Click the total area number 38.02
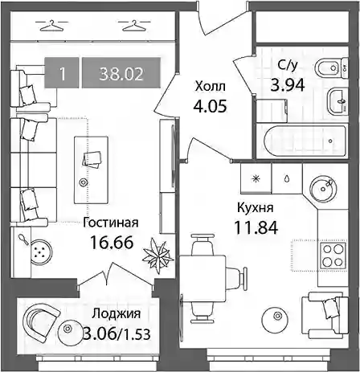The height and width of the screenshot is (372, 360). click(121, 74)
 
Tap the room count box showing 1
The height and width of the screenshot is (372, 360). click(62, 72)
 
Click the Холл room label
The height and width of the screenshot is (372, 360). click(211, 87)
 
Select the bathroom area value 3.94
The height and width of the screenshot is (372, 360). click(288, 86)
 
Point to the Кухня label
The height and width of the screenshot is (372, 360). click(255, 208)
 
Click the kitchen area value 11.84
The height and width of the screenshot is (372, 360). click(256, 228)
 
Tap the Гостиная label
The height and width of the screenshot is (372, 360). click(111, 223)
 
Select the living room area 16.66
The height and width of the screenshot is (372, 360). click(112, 243)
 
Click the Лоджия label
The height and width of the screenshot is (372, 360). click(116, 314)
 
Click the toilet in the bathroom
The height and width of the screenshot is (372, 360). click(332, 68)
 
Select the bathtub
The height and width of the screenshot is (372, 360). click(305, 141)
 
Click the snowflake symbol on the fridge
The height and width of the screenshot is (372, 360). click(256, 178)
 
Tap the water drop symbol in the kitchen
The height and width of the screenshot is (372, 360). click(287, 178)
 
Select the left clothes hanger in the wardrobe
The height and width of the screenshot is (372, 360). click(51, 26)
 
